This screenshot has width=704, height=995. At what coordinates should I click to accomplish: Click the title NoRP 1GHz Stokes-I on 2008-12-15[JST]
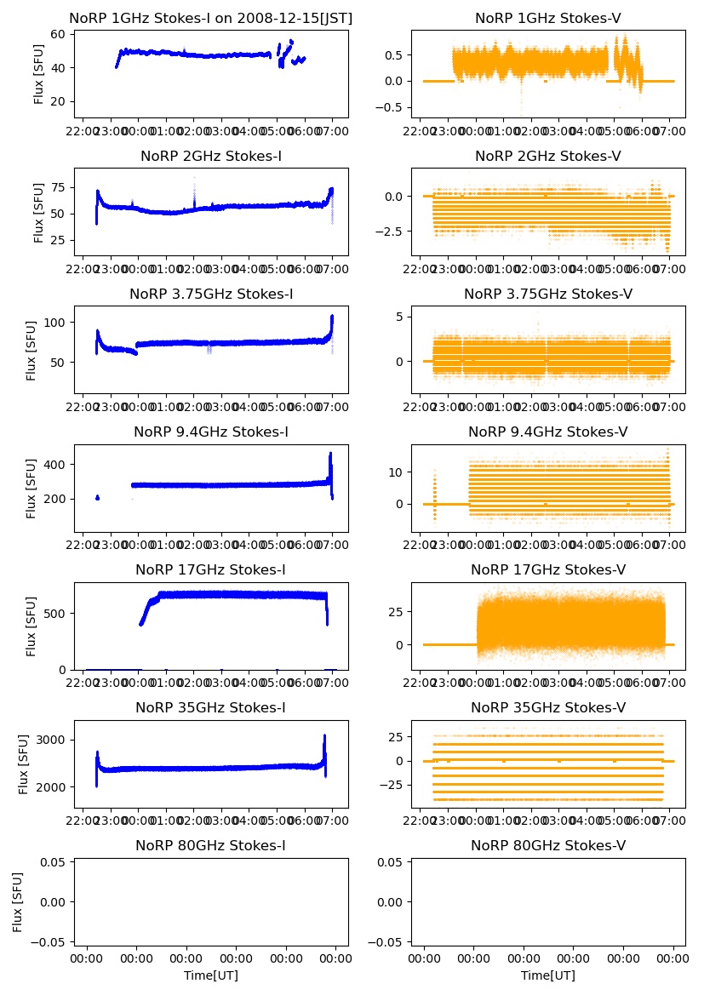point(210,18)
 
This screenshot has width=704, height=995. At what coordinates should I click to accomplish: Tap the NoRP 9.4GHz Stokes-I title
point(210,432)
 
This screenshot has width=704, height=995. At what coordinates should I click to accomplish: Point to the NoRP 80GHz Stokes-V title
point(548,846)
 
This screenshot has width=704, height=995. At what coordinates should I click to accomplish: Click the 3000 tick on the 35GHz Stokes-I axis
point(59,740)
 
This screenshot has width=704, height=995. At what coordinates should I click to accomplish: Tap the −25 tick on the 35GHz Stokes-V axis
point(393,786)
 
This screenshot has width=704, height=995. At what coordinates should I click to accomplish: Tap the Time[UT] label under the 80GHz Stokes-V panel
point(548,975)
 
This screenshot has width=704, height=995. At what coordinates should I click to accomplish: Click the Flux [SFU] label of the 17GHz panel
point(31,626)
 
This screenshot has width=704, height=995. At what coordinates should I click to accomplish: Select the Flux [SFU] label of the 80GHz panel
point(18,901)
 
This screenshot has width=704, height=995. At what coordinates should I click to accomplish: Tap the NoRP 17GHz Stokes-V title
point(548,570)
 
